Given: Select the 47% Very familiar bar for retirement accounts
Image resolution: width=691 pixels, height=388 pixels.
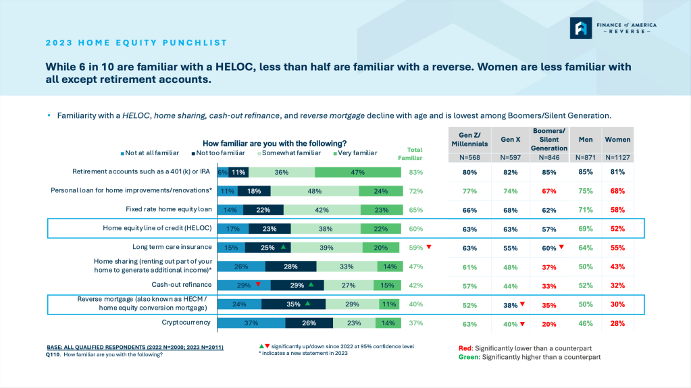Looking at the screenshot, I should tap(358, 172).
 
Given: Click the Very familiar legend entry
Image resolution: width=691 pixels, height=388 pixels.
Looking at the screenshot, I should tap(355, 153).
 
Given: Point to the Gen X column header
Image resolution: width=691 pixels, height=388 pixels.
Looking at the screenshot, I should tap(511, 140).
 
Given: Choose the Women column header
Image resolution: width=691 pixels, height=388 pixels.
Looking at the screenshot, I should tap(617, 140).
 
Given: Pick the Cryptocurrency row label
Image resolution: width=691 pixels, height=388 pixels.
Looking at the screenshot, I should tap(186, 323).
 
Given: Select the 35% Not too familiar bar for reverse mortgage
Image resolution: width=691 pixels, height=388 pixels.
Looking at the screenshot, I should tap(293, 304).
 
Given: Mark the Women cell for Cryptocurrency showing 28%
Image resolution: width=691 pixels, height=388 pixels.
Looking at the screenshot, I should tap(617, 323).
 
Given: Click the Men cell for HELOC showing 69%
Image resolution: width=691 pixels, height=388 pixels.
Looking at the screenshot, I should tap(586, 229).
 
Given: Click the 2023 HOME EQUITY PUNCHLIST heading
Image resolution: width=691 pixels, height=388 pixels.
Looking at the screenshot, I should tap(137, 43).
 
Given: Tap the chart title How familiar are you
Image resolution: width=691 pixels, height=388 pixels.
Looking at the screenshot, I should tap(274, 143).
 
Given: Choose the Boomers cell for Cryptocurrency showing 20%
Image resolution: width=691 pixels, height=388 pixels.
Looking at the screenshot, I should tap(549, 323).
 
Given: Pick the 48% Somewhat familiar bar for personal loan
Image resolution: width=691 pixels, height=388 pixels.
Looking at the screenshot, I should tap(314, 191).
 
